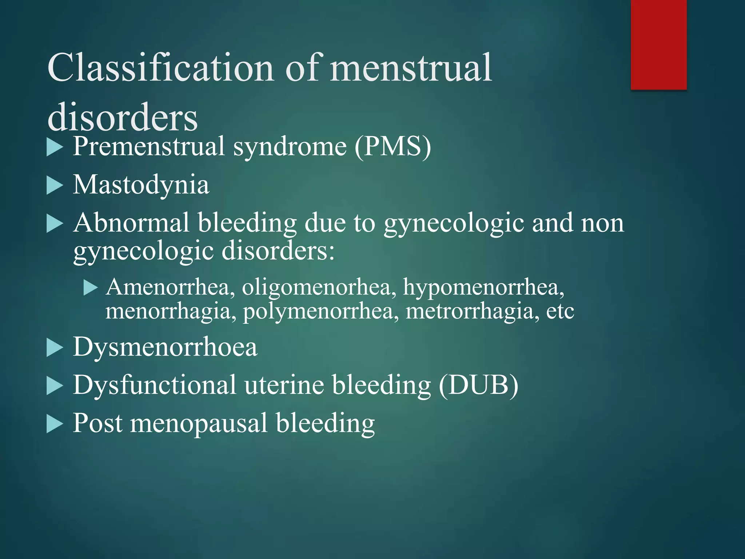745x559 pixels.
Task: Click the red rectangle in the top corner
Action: pos(658,44)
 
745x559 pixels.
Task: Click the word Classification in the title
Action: pos(160,68)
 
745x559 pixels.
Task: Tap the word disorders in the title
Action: pos(123,117)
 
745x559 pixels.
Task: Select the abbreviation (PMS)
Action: pos(393,146)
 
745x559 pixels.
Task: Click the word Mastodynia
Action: pos(141,185)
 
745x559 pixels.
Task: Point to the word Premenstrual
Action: pos(149,146)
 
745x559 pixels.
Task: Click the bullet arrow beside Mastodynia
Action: pos(55,186)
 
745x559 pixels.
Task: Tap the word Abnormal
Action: pos(131,223)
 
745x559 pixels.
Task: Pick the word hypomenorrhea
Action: pos(483,287)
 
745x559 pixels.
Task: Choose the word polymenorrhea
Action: pos(320,312)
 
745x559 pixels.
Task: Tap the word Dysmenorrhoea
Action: pos(165,347)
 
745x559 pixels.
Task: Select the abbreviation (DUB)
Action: pos(478,385)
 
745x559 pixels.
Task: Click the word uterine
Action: pos(284,385)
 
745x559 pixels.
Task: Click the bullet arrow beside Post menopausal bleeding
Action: pos(55,424)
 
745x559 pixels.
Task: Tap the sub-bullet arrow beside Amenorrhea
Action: pos(91,288)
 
